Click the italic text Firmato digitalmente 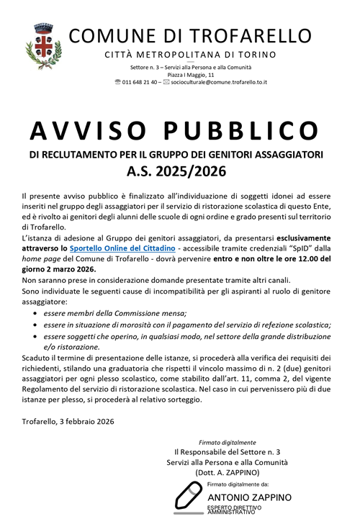click(227, 442)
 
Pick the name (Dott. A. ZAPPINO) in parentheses click(227, 472)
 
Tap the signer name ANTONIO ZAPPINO click(249, 497)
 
